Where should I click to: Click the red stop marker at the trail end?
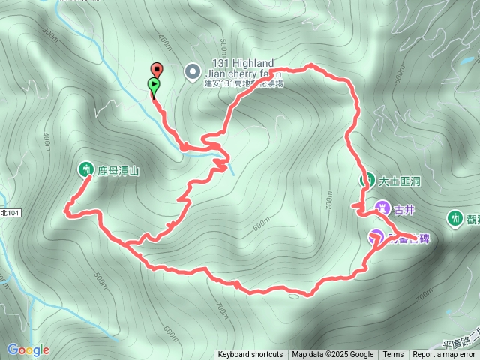(x=156, y=68)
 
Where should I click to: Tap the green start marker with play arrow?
(x=154, y=83)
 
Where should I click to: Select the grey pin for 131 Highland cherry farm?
(x=193, y=72)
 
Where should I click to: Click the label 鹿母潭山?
(x=118, y=171)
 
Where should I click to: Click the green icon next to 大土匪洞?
(x=368, y=180)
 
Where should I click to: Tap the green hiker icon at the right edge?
(x=454, y=217)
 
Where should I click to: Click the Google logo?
(x=28, y=349)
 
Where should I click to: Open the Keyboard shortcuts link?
(x=250, y=355)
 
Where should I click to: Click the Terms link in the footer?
(x=393, y=355)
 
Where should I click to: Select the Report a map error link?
(x=445, y=355)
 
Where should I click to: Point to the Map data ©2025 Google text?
(x=333, y=355)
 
